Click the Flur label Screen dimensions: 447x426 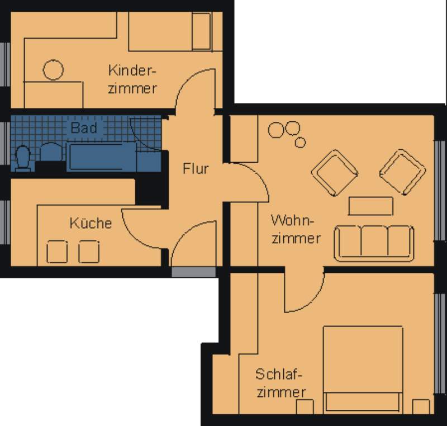[196, 168]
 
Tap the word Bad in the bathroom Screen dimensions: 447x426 [84, 127]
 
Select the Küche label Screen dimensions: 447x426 [91, 223]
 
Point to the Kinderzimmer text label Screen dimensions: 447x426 [132, 79]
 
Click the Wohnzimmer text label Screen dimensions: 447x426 [296, 229]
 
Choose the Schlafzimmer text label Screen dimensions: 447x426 [281, 382]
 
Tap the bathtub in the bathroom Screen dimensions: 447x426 [102, 157]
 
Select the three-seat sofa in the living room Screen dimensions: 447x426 [374, 244]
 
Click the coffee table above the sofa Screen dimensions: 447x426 [370, 206]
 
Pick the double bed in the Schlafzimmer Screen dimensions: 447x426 [363, 370]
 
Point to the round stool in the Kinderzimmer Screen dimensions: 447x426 [53, 70]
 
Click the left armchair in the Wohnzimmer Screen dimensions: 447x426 [334, 173]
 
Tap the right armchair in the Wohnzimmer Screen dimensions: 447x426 [402, 172]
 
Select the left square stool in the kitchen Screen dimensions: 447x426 [57, 252]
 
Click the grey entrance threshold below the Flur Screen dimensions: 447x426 [193, 272]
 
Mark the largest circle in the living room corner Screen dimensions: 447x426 [276, 130]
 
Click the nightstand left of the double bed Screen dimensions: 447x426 [305, 406]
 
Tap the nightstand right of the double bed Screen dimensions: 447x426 [421, 406]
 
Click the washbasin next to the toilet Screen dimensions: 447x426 [51, 152]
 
